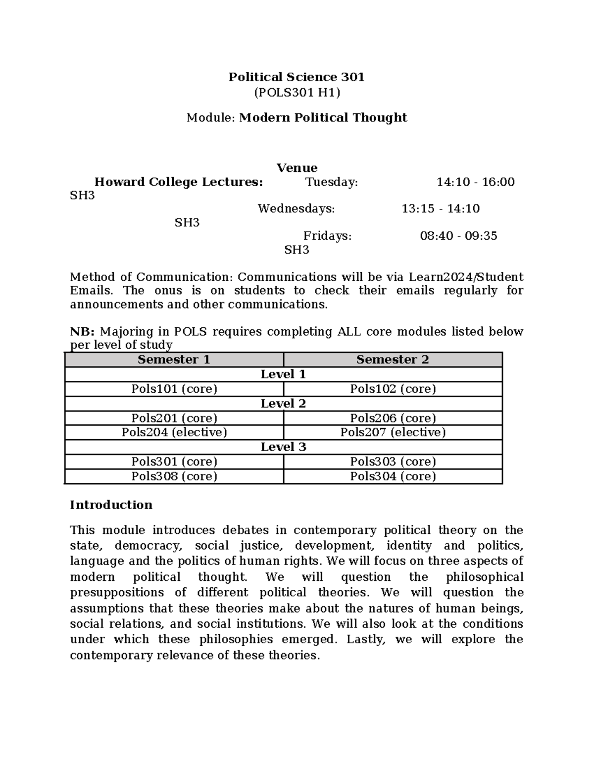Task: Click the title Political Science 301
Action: coord(296,77)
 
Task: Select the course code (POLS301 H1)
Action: coord(297,92)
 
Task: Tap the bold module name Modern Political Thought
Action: coord(323,117)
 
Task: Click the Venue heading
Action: coord(297,168)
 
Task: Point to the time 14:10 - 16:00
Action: coord(475,182)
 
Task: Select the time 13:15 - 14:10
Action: coord(441,208)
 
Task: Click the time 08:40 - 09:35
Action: coord(458,236)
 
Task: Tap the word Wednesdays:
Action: coord(296,208)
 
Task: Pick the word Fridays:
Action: coord(327,236)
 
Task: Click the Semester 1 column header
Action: coord(174,359)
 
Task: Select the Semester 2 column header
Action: coord(393,359)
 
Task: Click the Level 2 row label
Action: coord(283,404)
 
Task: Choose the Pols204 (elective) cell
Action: coord(174,432)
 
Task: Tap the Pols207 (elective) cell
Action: coord(393,432)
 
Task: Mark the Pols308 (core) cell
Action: coord(174,476)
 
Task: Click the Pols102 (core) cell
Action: coord(393,389)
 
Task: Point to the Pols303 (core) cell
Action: coord(393,461)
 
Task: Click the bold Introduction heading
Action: coord(111,505)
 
